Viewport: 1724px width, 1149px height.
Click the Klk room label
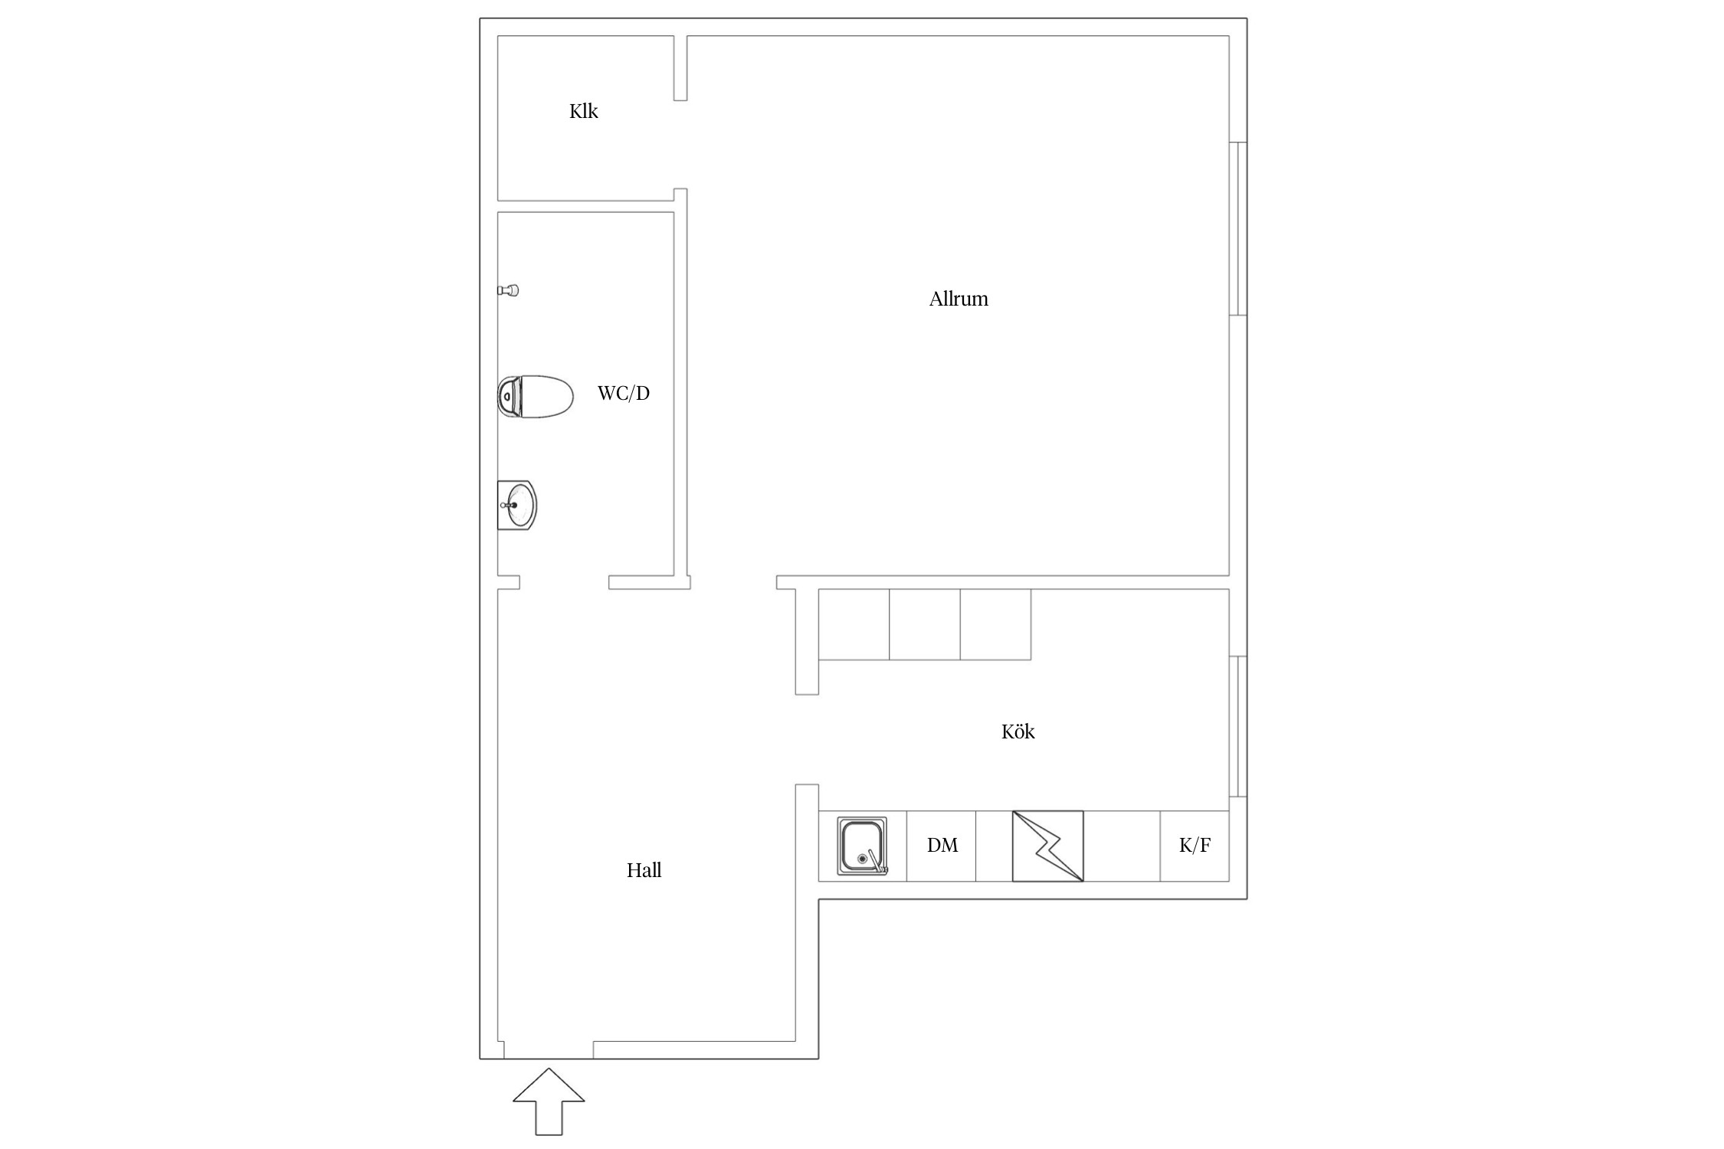tap(583, 111)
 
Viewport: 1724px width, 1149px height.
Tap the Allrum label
tap(959, 299)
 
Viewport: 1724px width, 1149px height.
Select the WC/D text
tap(623, 393)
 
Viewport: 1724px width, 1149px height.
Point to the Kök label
tap(1018, 732)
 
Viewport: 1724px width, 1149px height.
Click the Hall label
tap(644, 870)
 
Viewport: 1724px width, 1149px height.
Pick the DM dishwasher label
tap(942, 845)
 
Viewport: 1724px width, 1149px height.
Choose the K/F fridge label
tap(1195, 845)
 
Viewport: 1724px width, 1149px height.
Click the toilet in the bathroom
tap(536, 397)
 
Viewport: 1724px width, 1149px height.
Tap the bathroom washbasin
tap(517, 505)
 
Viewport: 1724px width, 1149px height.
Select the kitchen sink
tap(863, 846)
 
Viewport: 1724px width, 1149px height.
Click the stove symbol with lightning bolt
tap(1047, 846)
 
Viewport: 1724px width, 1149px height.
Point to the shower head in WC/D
tap(508, 290)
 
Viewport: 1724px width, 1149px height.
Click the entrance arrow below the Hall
tap(549, 1102)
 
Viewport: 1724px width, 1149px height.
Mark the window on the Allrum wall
tap(1238, 228)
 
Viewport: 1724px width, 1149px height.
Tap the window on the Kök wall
tap(1238, 726)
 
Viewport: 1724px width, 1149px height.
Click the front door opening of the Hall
tap(549, 1050)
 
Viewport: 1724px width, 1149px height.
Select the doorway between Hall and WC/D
tap(564, 582)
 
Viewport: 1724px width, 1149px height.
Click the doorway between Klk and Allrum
tap(680, 144)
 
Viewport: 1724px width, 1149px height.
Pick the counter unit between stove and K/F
tap(1122, 846)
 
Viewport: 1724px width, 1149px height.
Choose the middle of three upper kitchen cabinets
tap(925, 624)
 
